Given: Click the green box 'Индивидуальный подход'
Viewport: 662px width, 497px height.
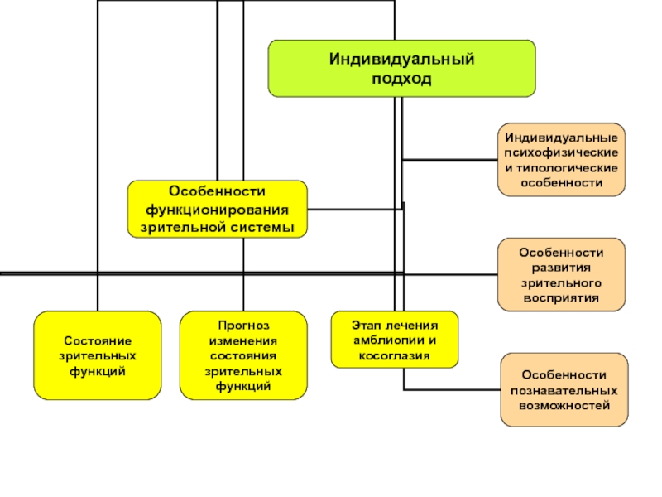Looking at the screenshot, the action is click(x=401, y=69).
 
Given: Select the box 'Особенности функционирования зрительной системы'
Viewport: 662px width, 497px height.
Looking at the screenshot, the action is click(x=217, y=210).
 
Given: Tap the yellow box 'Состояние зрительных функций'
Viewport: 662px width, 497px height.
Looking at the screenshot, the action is click(x=98, y=355).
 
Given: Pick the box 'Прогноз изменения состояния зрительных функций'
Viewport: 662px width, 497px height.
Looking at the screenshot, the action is click(x=243, y=355).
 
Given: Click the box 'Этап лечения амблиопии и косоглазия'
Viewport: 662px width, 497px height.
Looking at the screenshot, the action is click(x=395, y=340).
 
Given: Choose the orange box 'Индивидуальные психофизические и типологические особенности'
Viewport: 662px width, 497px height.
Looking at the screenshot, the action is click(x=561, y=160).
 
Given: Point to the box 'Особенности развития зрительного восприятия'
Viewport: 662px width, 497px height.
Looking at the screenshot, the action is click(x=561, y=275).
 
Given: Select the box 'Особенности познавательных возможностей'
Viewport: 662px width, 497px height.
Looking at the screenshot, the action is click(x=564, y=389).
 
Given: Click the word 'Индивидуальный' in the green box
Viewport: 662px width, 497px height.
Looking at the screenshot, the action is click(x=401, y=59).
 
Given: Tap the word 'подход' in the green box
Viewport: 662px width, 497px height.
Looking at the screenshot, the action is click(x=401, y=79).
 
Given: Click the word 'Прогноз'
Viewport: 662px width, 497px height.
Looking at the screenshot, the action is click(x=243, y=326).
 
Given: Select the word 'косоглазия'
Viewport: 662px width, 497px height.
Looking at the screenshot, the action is click(x=395, y=356).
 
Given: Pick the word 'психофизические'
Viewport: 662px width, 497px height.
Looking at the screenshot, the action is click(x=561, y=152).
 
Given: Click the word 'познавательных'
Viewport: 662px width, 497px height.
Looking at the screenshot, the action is click(x=564, y=390).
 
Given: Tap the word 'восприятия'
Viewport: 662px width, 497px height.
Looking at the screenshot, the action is click(x=561, y=298).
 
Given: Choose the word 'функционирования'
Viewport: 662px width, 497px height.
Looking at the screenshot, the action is click(x=217, y=210).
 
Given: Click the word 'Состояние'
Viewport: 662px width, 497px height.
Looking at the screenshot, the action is click(x=98, y=340).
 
